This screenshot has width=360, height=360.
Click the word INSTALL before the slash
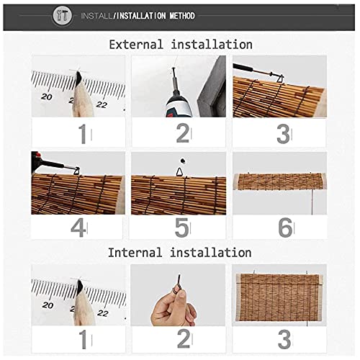pyautogui.click(x=96, y=15)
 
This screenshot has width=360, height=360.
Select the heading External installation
pyautogui.click(x=180, y=45)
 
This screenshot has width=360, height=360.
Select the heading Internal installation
pyautogui.click(x=180, y=253)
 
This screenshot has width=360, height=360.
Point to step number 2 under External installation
pyautogui.click(x=182, y=133)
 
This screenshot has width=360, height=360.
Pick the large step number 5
pyautogui.click(x=182, y=228)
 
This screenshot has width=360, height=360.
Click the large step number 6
pyautogui.click(x=284, y=228)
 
